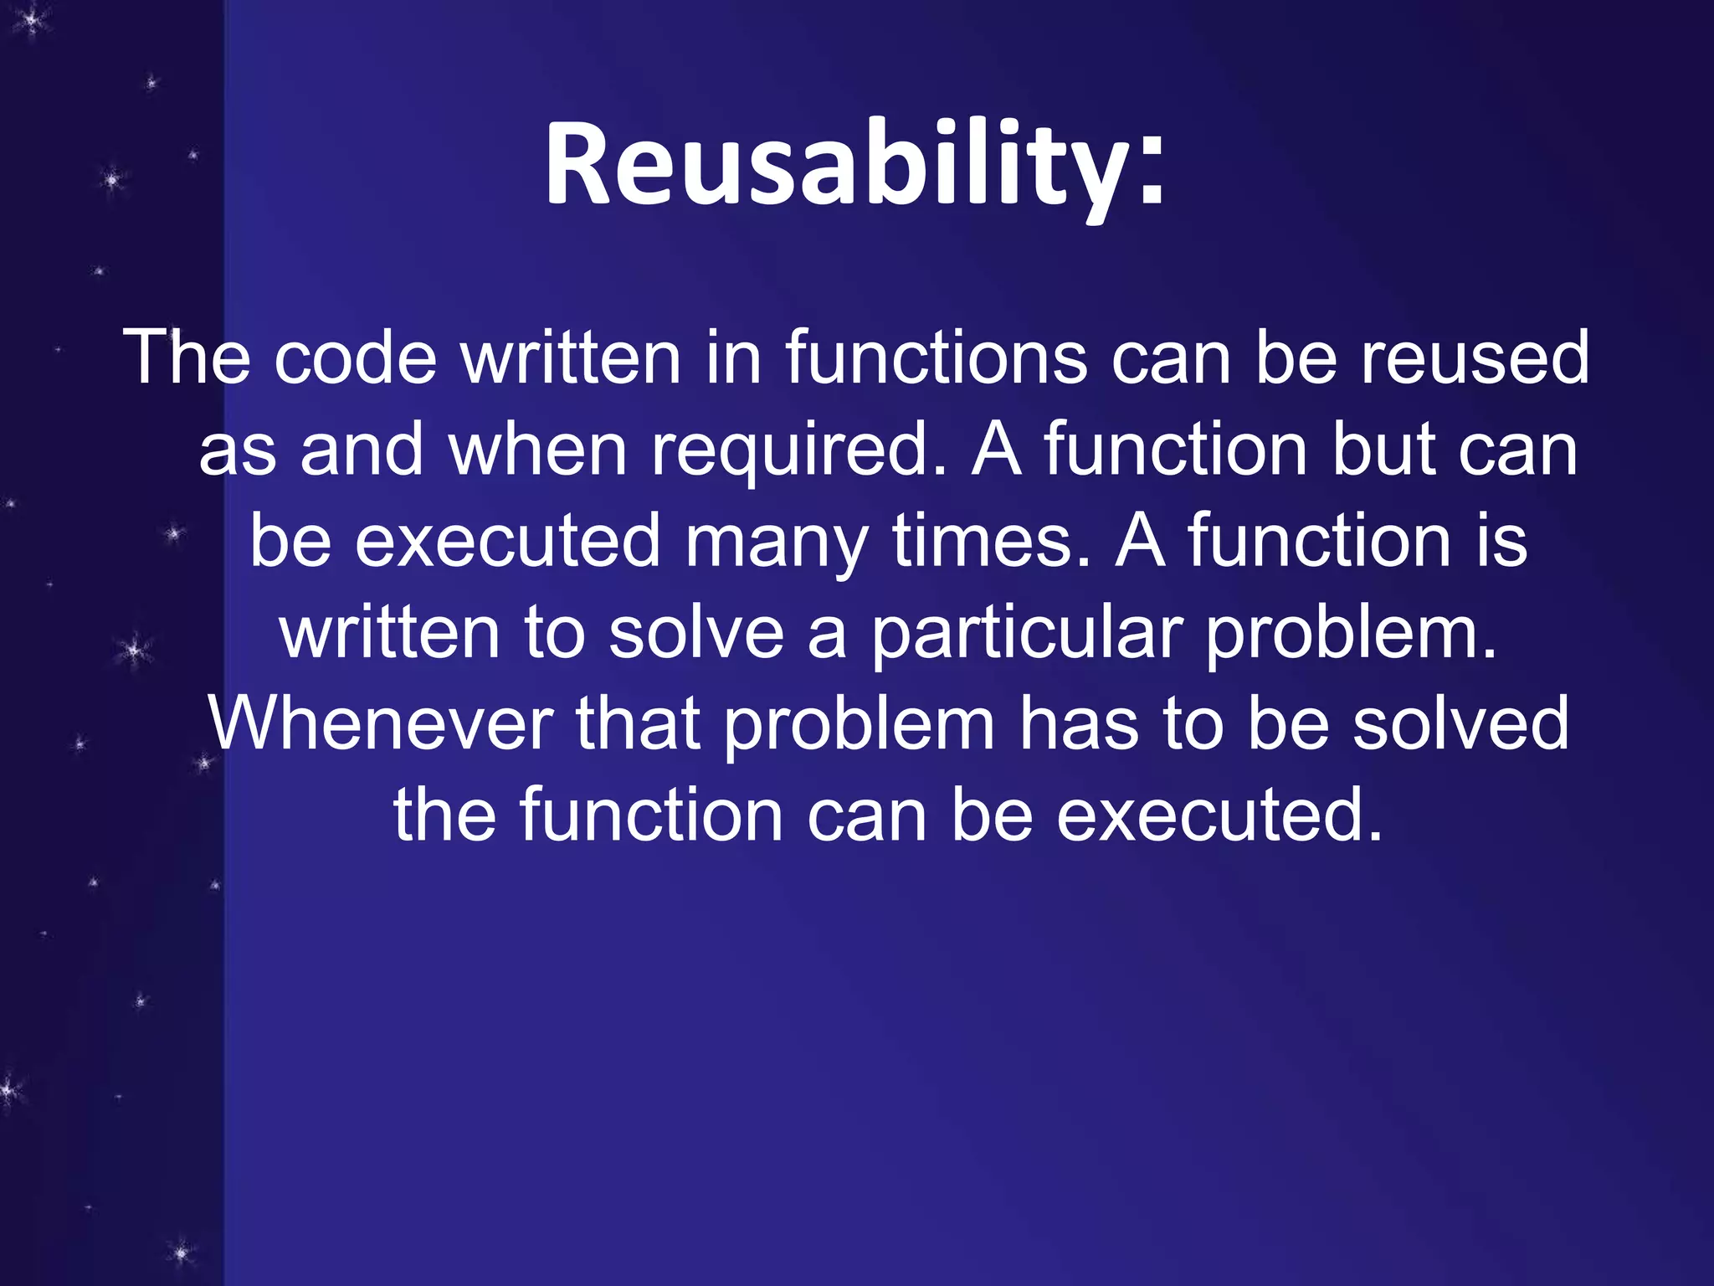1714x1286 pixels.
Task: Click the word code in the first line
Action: click(x=356, y=358)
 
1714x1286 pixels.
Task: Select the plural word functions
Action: click(x=936, y=358)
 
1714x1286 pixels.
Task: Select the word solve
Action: click(x=696, y=634)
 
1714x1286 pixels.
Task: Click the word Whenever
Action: click(x=381, y=724)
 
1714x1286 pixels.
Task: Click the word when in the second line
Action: click(x=537, y=450)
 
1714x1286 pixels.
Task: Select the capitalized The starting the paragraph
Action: click(x=187, y=358)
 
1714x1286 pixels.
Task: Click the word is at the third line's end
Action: click(x=1502, y=542)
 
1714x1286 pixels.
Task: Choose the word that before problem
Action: click(x=638, y=724)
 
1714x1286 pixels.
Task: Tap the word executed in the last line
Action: click(x=1218, y=815)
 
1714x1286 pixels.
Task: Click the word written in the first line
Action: click(x=572, y=358)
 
